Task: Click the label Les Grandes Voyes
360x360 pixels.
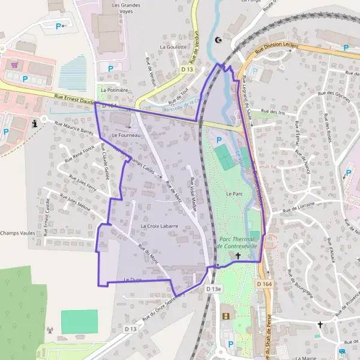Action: click(x=125, y=7)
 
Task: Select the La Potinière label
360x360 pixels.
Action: click(x=114, y=90)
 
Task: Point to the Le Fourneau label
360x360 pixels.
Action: click(x=125, y=136)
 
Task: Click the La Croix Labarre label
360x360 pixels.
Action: click(x=160, y=226)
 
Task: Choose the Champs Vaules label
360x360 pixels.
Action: click(x=17, y=233)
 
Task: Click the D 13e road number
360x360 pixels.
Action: click(x=214, y=289)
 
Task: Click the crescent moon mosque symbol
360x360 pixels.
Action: click(x=218, y=41)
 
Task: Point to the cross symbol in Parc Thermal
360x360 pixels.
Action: click(x=238, y=256)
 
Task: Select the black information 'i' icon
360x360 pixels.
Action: click(x=35, y=123)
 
